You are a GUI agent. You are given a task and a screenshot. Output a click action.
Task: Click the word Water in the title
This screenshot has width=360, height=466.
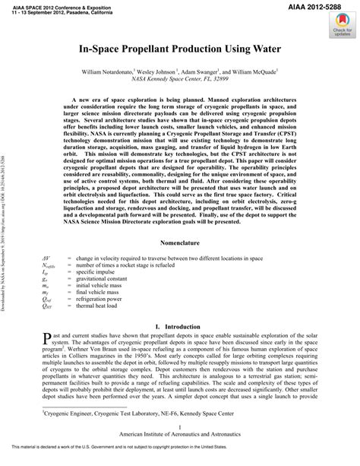pyautogui.click(x=255, y=49)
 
